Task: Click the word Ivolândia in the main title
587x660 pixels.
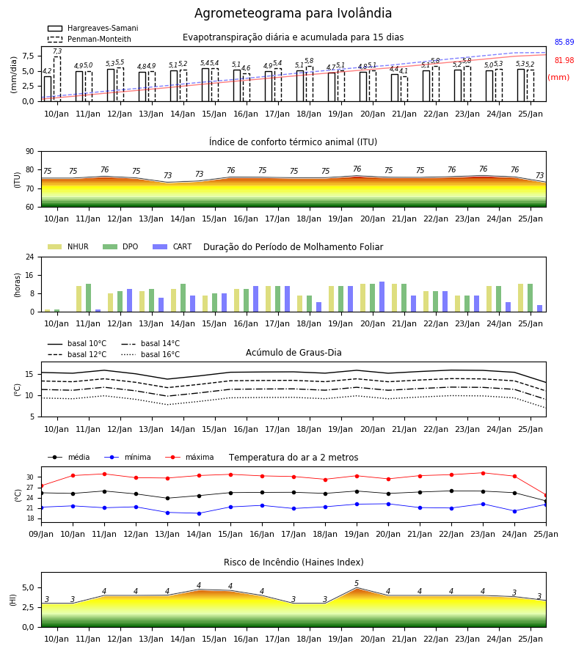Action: tap(364, 13)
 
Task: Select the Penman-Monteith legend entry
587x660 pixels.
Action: tap(90, 39)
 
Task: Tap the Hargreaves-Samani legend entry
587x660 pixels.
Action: tap(92, 28)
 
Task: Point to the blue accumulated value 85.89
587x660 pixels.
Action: tap(564, 42)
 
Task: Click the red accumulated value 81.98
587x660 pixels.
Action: tap(564, 60)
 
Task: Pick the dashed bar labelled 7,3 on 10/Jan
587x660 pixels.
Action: tap(57, 78)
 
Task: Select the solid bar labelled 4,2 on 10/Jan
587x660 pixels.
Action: tap(48, 89)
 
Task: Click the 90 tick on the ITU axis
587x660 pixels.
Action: tap(30, 152)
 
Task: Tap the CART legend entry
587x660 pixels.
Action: tap(172, 246)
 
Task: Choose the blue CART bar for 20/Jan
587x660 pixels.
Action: tap(382, 297)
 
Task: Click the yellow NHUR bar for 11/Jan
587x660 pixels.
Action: tap(79, 299)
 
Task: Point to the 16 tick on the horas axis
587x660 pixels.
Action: tap(30, 275)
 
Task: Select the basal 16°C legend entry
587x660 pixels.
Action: tap(150, 354)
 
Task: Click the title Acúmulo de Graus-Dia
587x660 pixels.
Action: tap(293, 352)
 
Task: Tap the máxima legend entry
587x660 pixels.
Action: tap(189, 457)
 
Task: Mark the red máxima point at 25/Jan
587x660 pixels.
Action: tap(546, 496)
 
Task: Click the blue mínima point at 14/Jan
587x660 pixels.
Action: tap(199, 513)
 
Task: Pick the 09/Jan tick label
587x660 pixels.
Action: tap(41, 534)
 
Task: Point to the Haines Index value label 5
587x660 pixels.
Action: tap(357, 584)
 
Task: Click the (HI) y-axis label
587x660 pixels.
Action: tap(12, 600)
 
